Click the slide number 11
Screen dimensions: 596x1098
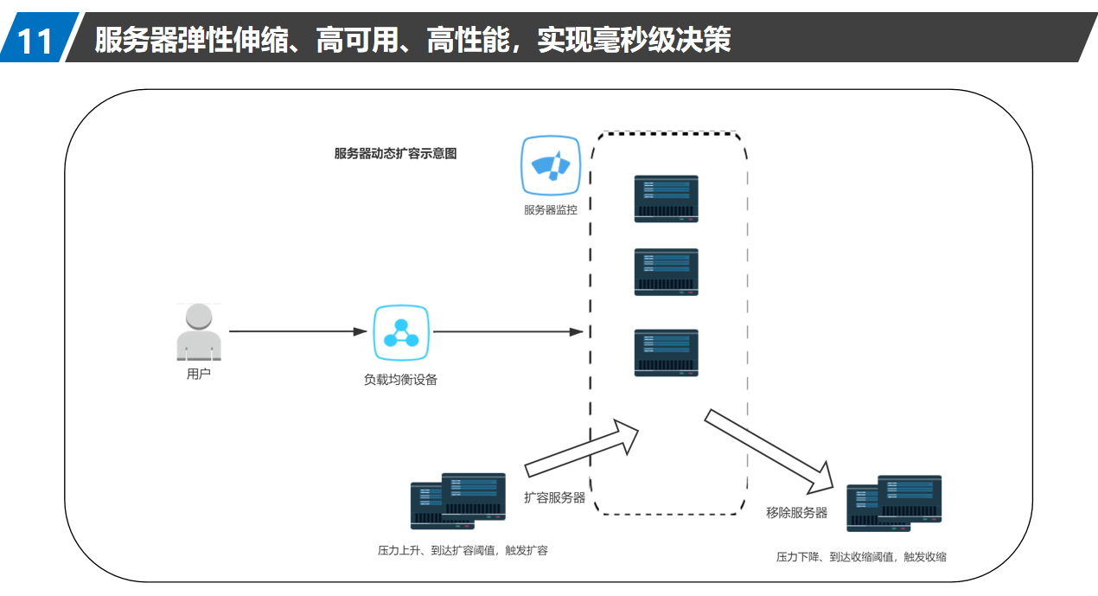(x=35, y=41)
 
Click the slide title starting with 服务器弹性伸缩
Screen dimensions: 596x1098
(x=412, y=40)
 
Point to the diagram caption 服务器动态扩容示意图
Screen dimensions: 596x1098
(x=395, y=154)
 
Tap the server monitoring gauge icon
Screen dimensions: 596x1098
(x=551, y=165)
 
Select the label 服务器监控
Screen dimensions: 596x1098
(x=551, y=209)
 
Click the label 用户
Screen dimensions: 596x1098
(x=199, y=375)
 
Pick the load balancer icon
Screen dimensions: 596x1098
(x=401, y=332)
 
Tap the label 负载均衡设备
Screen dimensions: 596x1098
(x=400, y=379)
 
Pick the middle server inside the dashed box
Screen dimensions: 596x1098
(x=666, y=272)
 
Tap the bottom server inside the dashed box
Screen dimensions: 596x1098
(x=666, y=352)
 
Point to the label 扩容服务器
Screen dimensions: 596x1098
(x=554, y=497)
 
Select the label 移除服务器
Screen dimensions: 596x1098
(x=796, y=512)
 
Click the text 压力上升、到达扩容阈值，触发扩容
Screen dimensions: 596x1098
(x=463, y=550)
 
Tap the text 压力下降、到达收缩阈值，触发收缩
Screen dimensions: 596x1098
(x=861, y=557)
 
